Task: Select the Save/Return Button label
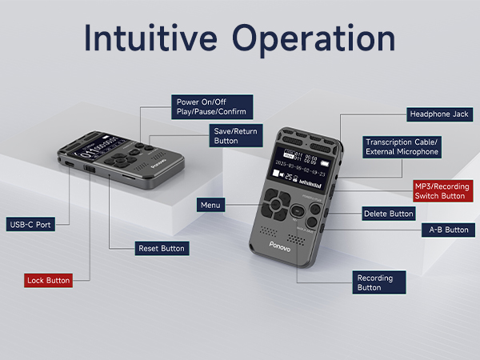tap(237, 134)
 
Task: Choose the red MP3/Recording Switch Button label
tap(442, 190)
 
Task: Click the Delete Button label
tap(389, 214)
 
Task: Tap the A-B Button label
tap(446, 230)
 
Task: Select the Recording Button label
tap(378, 282)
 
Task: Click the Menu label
tap(210, 206)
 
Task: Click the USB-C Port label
tap(32, 225)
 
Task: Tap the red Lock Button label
tap(49, 280)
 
